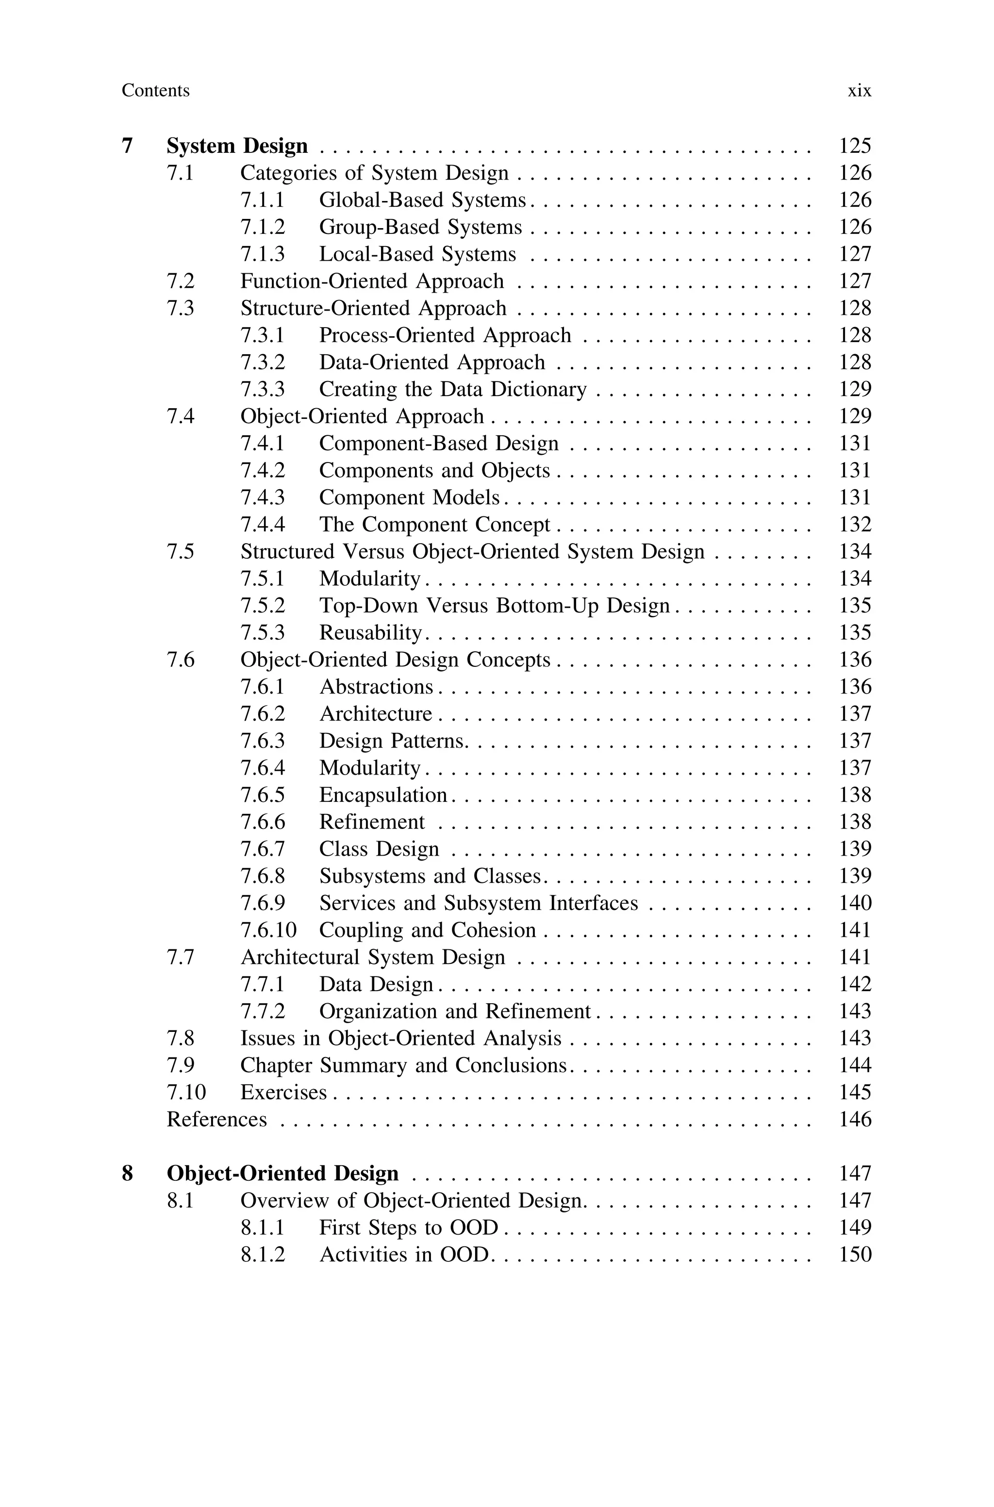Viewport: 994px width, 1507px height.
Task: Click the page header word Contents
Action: [x=155, y=91]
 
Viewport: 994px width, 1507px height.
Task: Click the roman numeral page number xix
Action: [x=859, y=91]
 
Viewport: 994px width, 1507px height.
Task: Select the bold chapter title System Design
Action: [x=237, y=146]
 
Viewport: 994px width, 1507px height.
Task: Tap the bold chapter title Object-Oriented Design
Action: [x=283, y=1174]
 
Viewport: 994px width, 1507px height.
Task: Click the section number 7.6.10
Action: [x=268, y=930]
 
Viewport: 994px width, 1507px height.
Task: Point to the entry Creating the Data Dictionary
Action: [x=453, y=389]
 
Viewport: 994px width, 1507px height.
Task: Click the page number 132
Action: [x=855, y=525]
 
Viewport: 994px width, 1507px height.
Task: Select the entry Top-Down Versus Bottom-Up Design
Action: [x=495, y=606]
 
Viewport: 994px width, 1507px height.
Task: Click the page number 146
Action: [x=855, y=1119]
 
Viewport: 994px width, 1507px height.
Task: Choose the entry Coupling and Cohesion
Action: [x=427, y=930]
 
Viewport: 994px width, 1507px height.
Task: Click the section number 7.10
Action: [x=186, y=1093]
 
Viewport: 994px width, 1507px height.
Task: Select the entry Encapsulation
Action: [x=383, y=795]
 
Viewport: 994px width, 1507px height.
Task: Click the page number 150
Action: [x=855, y=1255]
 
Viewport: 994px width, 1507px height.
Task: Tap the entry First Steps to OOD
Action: [x=409, y=1227]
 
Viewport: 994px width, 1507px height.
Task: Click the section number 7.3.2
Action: [x=263, y=363]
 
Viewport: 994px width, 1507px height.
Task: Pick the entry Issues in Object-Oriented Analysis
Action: [x=400, y=1039]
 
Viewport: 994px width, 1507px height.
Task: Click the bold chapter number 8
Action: [x=128, y=1174]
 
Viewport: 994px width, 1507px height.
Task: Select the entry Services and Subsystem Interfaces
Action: [x=478, y=903]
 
